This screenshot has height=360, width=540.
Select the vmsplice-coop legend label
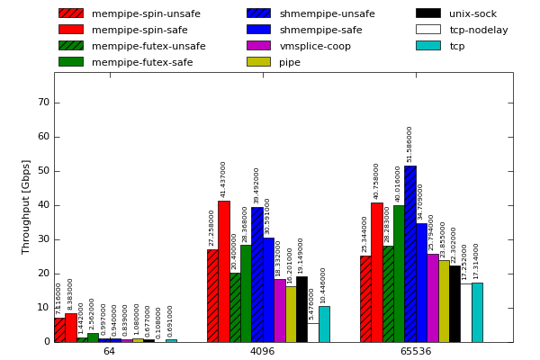tap(315, 46)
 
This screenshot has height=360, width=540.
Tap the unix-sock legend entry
tap(473, 13)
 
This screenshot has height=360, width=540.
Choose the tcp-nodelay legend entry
tap(479, 30)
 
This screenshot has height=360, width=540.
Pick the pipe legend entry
tap(290, 62)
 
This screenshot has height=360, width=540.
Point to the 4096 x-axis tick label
tap(262, 351)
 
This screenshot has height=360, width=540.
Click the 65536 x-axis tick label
tap(415, 351)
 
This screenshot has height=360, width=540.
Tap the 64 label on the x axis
tap(109, 351)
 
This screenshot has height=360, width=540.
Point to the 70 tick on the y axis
tap(43, 103)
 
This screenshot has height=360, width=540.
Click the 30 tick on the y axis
tap(43, 239)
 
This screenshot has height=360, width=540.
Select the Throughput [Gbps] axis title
tap(26, 206)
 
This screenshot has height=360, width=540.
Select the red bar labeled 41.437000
tap(224, 271)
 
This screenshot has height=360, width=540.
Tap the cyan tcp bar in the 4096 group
tap(324, 324)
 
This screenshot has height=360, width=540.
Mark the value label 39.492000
tap(256, 186)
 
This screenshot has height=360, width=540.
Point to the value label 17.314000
tap(477, 262)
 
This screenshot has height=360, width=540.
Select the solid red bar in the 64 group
tap(70, 328)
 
